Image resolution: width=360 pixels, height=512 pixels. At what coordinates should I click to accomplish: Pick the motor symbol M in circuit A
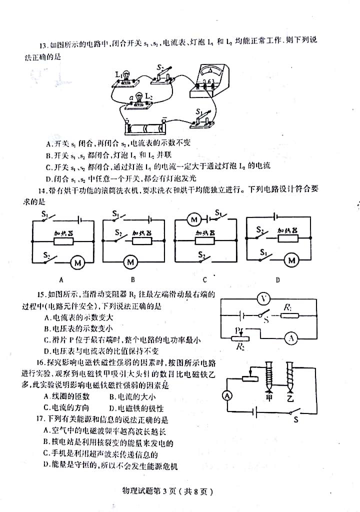(x=77, y=261)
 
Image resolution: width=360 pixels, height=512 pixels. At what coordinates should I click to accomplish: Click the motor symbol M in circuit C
(x=193, y=218)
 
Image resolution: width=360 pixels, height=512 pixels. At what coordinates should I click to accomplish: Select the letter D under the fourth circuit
(x=277, y=280)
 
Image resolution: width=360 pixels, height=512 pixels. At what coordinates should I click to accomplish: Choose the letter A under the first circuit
(x=61, y=280)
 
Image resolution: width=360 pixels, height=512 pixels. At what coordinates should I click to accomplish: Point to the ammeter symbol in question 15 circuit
(x=291, y=338)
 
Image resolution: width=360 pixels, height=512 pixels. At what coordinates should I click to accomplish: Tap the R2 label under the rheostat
(x=241, y=347)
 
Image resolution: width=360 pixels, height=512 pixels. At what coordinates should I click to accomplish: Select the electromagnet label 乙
(x=290, y=398)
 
